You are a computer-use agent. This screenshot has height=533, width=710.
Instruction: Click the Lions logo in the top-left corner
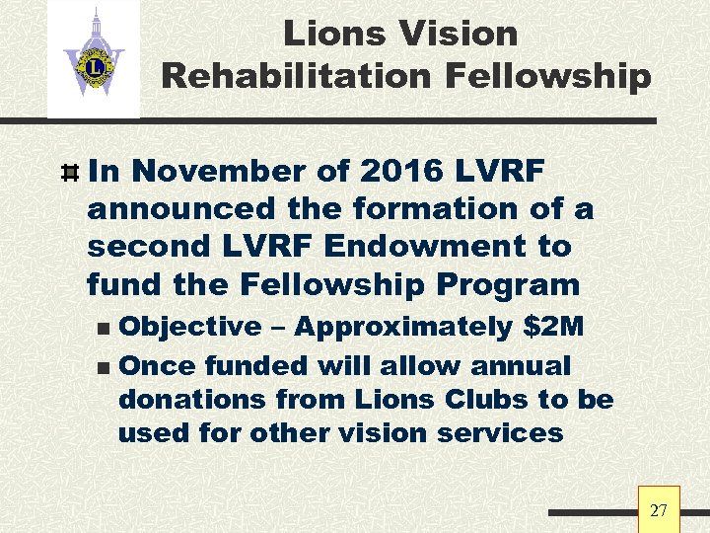pos(94,59)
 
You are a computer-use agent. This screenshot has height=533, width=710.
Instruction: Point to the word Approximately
pos(408,327)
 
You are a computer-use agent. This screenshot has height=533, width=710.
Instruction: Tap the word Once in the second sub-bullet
pos(155,365)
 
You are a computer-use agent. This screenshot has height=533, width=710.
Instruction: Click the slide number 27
pos(659,510)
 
